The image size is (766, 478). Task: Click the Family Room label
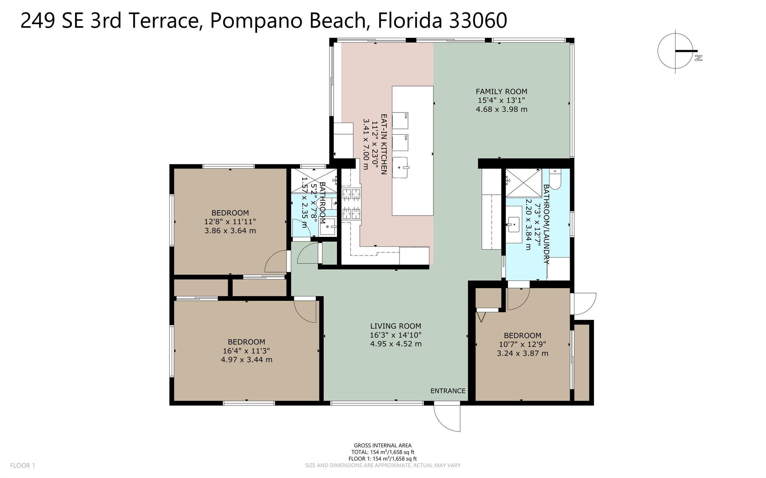(x=501, y=92)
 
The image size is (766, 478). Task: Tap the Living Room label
(x=396, y=326)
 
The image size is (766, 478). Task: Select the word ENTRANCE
(x=448, y=391)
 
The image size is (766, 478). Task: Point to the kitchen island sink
(x=400, y=167)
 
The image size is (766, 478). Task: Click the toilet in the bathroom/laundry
(x=555, y=179)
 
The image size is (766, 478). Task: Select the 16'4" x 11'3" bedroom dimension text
(x=246, y=351)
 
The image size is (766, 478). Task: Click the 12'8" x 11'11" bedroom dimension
(x=230, y=222)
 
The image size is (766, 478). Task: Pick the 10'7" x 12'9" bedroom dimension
(x=522, y=345)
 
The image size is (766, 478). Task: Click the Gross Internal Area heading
(x=383, y=445)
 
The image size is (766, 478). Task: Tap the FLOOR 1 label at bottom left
(x=22, y=466)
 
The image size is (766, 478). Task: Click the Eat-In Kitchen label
(x=383, y=144)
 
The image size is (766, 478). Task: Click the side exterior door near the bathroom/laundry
(x=583, y=304)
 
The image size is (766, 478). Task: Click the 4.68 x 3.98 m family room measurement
(x=502, y=110)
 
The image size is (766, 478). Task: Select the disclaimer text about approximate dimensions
(x=383, y=466)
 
